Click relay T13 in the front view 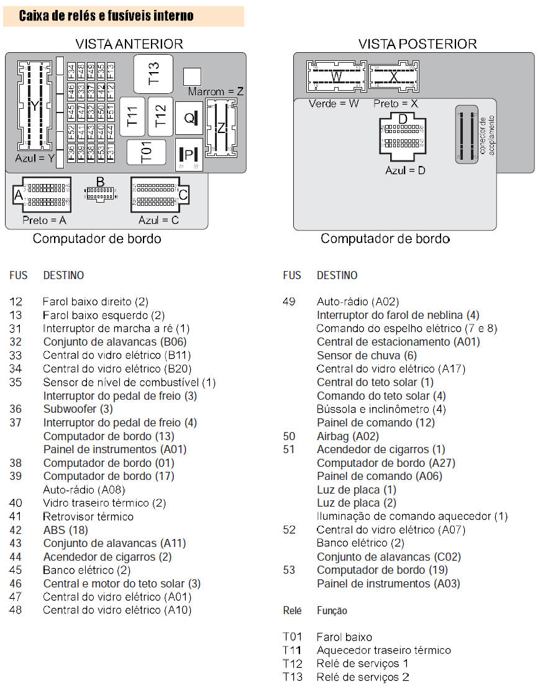tap(153, 73)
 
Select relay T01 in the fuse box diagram tap(147, 152)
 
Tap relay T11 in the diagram tap(132, 117)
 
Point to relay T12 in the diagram tap(160, 116)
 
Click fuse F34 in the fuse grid tap(71, 71)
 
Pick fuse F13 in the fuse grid tap(111, 71)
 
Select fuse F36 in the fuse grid tap(71, 151)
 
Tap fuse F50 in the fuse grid tap(101, 112)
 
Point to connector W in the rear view tap(336, 77)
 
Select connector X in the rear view tap(393, 77)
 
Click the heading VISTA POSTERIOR tap(418, 44)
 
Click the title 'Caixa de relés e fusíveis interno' tap(106, 16)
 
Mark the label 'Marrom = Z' tap(215, 91)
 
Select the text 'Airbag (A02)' tap(347, 436)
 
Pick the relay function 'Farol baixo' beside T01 tap(344, 637)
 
